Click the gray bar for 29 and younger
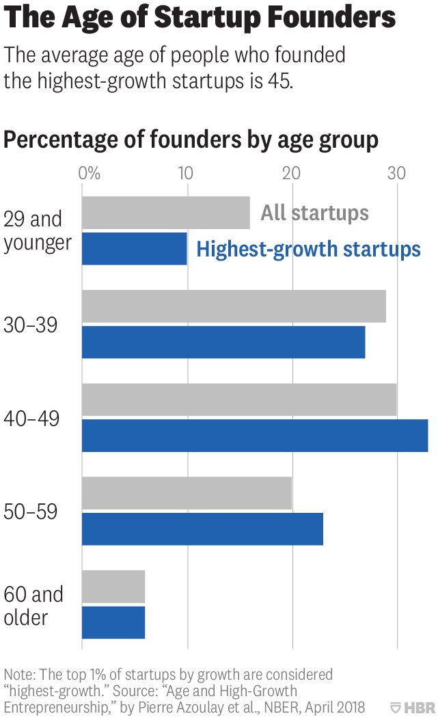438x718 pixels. tap(165, 213)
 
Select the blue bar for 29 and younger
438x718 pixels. tap(135, 248)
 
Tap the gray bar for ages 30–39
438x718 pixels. tap(234, 306)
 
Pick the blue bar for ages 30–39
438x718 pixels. tap(223, 342)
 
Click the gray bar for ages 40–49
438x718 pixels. tap(239, 400)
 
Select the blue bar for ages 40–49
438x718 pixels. tap(255, 436)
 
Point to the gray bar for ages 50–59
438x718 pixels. tap(187, 494)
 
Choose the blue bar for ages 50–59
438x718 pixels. tap(202, 529)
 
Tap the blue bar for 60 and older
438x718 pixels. tap(113, 622)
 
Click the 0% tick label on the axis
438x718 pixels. tap(90, 172)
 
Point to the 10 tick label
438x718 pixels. tap(186, 172)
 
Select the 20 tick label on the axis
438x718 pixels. tap(292, 172)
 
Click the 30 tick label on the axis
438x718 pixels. tap(396, 172)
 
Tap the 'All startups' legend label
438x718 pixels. tap(314, 213)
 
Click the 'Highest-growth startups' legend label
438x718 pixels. tap(308, 249)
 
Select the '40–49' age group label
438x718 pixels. tap(31, 418)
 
